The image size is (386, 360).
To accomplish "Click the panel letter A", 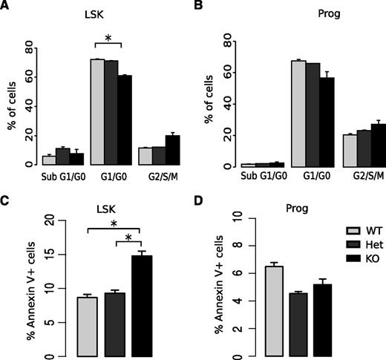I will pos(6,7).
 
